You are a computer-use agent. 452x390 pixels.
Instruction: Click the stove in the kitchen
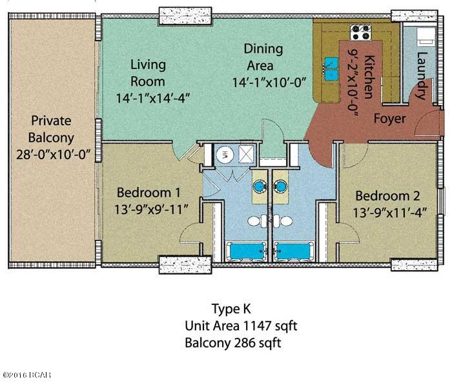[x=360, y=32]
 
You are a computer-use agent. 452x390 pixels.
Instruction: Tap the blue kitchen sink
[x=331, y=69]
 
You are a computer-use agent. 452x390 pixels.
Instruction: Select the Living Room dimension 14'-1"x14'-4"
[x=153, y=99]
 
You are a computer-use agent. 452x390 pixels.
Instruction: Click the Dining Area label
[x=263, y=57]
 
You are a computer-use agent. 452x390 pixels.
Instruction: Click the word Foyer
[x=389, y=119]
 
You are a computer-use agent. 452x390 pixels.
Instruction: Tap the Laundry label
[x=422, y=75]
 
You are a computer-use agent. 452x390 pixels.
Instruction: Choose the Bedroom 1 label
[x=149, y=193]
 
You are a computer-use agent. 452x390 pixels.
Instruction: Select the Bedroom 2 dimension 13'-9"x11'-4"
[x=390, y=213]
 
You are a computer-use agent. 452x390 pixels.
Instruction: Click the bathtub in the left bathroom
[x=246, y=251]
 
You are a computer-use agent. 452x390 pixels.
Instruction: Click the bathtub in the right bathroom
[x=294, y=251]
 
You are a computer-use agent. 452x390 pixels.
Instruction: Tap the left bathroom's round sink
[x=260, y=186]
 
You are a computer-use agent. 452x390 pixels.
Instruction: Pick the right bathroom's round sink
[x=280, y=186]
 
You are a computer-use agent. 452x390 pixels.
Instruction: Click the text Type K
[x=231, y=309]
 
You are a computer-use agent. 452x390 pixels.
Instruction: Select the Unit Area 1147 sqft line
[x=241, y=326]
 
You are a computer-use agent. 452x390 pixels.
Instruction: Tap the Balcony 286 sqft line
[x=233, y=343]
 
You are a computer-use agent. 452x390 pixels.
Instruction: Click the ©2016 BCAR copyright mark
[x=27, y=375]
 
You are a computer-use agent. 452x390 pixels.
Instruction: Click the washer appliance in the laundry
[x=426, y=37]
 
